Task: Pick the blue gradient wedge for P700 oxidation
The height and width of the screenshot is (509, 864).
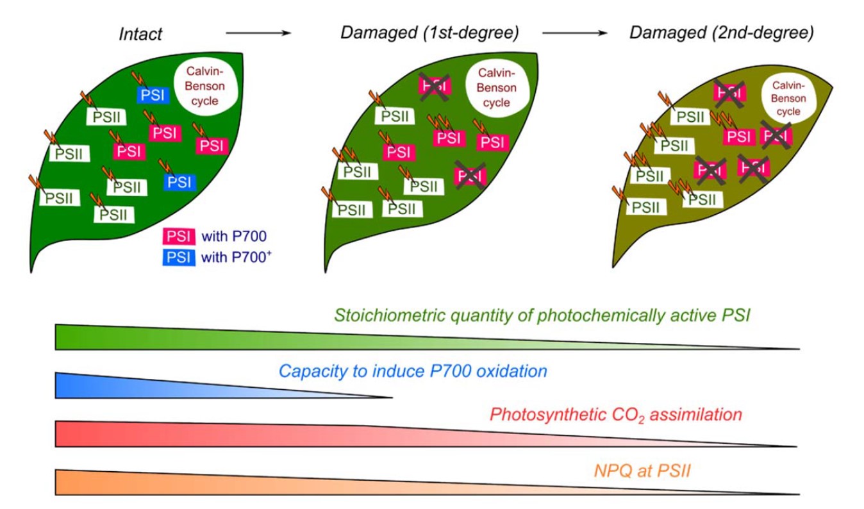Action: click(160, 385)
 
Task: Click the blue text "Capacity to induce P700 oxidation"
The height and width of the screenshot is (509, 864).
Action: click(413, 371)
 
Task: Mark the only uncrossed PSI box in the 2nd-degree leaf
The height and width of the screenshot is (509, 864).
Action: click(738, 136)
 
